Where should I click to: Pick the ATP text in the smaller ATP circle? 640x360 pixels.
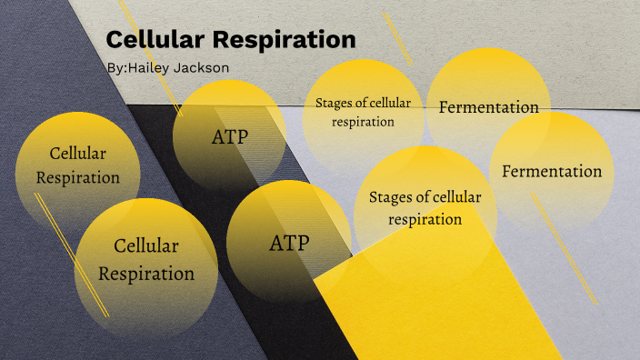(230, 137)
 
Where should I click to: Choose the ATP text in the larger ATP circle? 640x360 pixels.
(289, 244)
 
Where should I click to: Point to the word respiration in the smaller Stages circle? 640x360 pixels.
(363, 121)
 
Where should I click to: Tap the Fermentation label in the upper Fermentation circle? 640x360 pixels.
(488, 107)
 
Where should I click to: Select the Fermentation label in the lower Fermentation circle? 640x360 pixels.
(552, 171)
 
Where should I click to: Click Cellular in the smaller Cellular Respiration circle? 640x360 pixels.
(77, 154)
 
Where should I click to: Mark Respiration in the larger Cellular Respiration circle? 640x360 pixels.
(146, 274)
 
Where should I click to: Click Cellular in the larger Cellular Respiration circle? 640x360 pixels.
(146, 245)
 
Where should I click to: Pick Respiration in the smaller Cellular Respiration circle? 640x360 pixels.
(77, 177)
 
